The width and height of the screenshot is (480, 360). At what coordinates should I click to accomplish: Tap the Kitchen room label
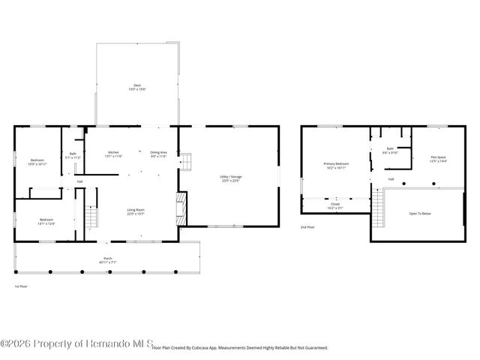(x=113, y=154)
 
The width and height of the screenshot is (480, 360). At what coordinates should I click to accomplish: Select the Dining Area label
(x=158, y=154)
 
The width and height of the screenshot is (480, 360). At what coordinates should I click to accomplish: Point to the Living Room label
(x=135, y=211)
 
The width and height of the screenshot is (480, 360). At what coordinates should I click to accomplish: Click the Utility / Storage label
(x=230, y=178)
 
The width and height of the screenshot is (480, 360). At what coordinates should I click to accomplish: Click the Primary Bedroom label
(x=336, y=166)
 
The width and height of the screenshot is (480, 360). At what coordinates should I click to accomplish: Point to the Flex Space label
(x=438, y=159)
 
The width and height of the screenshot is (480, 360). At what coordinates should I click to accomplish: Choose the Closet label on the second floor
(x=334, y=205)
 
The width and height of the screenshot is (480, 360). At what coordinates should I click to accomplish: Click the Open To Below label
(x=419, y=214)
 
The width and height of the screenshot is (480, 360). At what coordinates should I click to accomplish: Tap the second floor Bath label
(x=390, y=150)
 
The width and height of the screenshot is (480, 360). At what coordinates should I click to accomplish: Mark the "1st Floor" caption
(x=21, y=286)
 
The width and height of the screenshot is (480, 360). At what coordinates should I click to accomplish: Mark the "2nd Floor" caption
(x=307, y=226)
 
